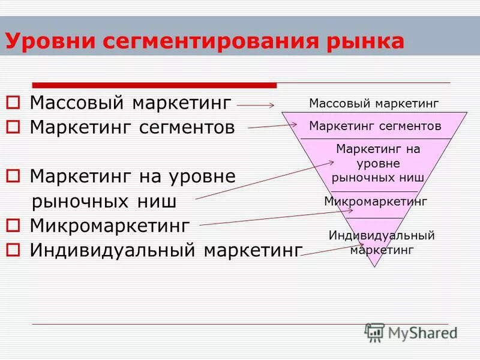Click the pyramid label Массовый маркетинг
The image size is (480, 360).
coord(374,103)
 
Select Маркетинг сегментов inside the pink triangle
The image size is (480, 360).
coord(375,126)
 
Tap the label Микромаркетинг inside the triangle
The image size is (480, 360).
coord(375,202)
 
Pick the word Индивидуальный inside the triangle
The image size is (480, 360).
coord(382,235)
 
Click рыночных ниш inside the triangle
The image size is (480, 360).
coord(378,178)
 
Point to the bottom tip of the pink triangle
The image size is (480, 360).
coord(375,265)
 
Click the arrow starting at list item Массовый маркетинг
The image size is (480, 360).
coord(255,106)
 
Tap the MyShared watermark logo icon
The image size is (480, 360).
coord(375,333)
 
